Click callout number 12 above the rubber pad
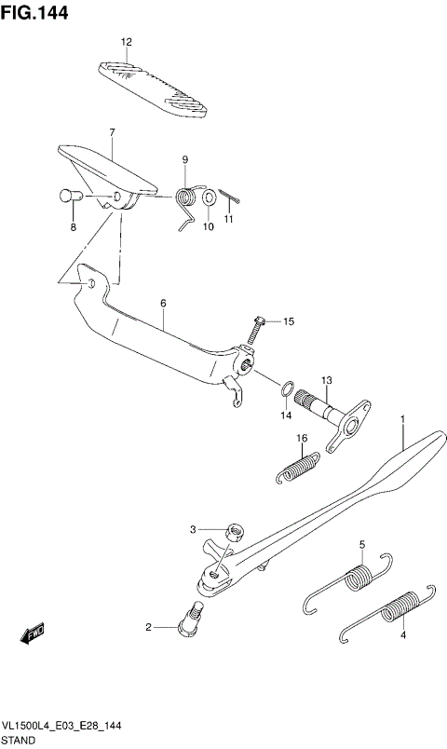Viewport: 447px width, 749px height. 127,42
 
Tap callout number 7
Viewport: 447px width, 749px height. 111,133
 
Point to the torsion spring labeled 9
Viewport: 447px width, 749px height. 189,198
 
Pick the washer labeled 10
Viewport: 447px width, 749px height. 210,197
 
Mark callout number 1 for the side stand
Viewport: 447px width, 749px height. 402,420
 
